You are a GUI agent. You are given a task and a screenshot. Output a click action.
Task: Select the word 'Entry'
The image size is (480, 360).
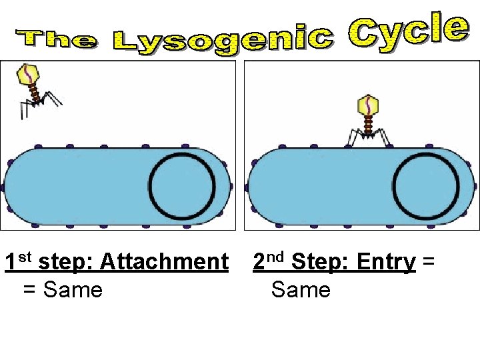pos(386,262)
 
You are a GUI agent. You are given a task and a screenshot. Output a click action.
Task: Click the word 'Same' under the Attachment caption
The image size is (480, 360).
pos(73,290)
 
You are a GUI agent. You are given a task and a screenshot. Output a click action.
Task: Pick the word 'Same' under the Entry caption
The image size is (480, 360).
pos(301,290)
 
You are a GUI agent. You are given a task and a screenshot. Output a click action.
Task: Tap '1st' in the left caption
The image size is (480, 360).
pos(18,261)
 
